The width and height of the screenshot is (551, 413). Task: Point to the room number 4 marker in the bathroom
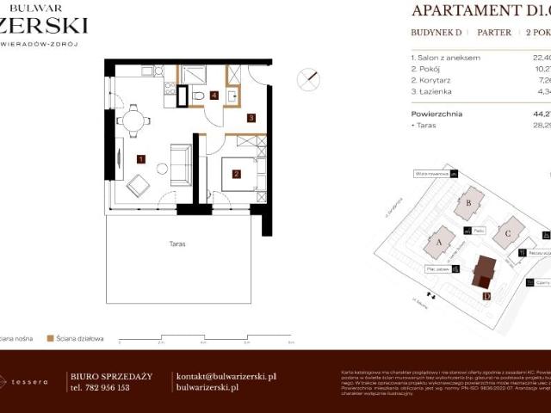[x=214, y=95]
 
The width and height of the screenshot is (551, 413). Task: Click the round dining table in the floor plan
[x=133, y=120]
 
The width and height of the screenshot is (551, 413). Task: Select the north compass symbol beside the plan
[x=307, y=80]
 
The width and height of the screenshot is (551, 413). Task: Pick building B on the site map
[x=469, y=203]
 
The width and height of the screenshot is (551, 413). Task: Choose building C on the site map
[x=509, y=231]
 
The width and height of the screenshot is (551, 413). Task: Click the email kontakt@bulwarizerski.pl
[x=226, y=376]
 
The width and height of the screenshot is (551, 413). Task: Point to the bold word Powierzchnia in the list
[x=436, y=114]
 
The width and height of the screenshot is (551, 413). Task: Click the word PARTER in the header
[x=493, y=33]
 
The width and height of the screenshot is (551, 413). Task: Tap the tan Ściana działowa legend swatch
[x=51, y=338]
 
